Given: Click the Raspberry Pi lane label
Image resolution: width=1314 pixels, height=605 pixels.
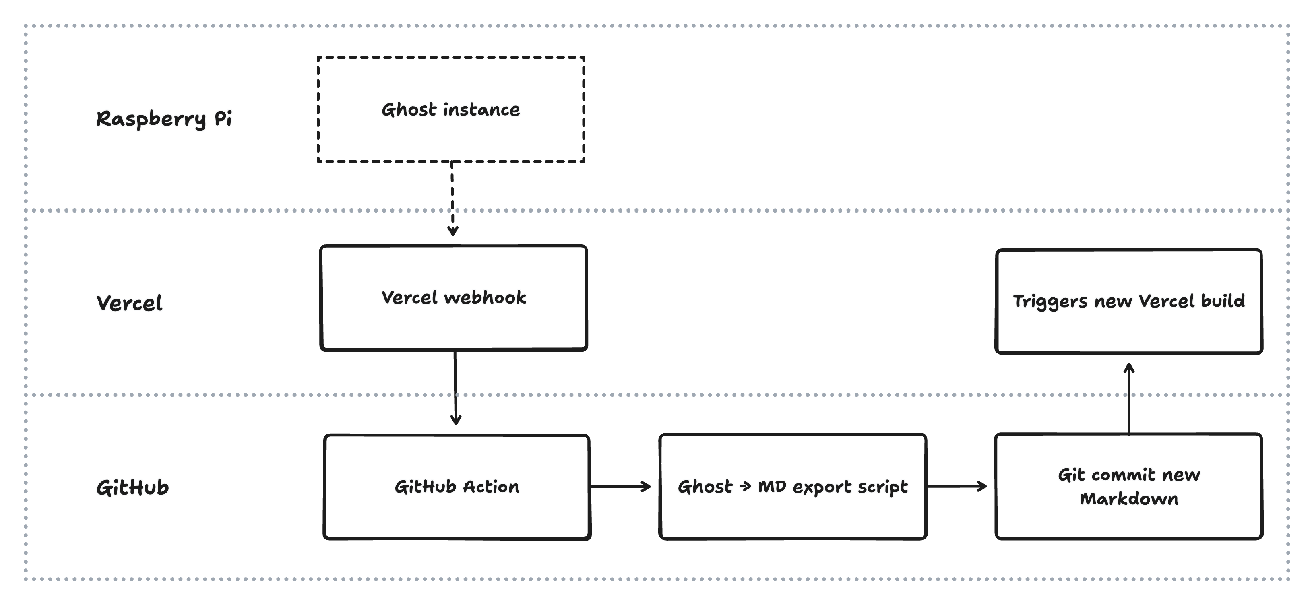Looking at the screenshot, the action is [164, 119].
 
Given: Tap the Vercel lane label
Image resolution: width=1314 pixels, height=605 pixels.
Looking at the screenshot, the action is [130, 303].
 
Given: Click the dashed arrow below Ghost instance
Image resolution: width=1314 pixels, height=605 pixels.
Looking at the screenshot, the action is [452, 199].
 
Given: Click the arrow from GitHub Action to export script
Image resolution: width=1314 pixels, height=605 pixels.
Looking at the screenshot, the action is [621, 487].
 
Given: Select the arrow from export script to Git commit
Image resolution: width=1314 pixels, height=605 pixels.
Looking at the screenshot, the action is [957, 486].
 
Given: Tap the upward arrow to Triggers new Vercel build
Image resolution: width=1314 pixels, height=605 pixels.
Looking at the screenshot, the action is [1129, 399].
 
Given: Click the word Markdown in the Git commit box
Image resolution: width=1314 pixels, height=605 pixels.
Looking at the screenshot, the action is [1129, 498].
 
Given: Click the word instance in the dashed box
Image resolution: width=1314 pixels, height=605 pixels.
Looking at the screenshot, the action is [481, 109].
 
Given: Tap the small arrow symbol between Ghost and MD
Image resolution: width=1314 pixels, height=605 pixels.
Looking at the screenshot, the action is [745, 487].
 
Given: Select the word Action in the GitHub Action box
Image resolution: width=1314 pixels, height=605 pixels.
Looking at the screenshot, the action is [491, 487].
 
